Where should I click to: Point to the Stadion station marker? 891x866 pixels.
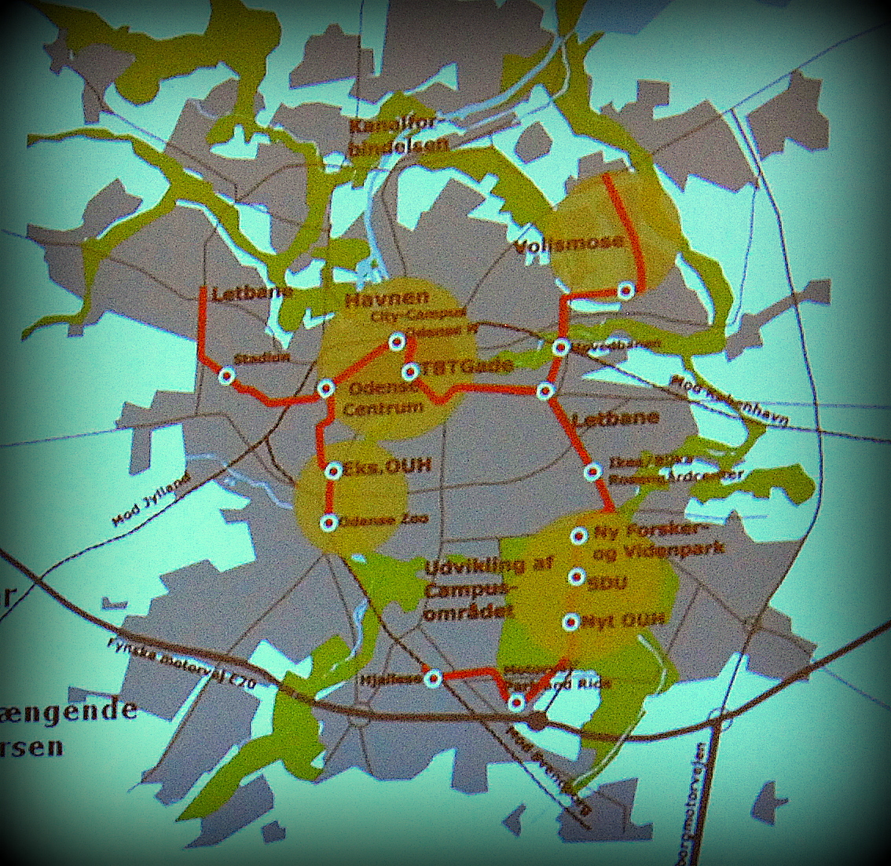click(226, 377)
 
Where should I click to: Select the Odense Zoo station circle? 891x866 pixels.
click(329, 522)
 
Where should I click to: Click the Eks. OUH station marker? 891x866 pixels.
click(332, 471)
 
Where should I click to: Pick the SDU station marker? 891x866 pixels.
click(577, 578)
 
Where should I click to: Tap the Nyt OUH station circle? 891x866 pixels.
click(571, 622)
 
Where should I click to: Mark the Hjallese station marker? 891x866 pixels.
click(431, 678)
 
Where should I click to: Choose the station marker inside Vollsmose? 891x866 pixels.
click(625, 290)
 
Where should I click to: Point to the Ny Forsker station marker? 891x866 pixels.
click(578, 536)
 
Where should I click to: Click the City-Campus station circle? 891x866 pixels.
click(397, 342)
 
